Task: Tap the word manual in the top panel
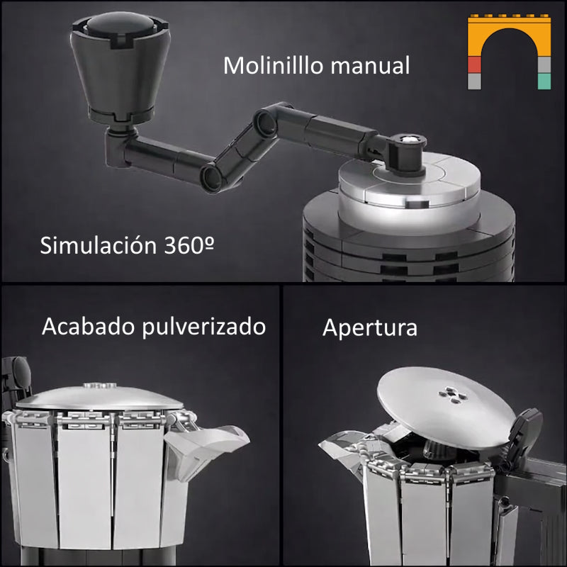(x=370, y=66)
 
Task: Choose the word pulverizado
(x=203, y=327)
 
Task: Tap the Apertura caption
(x=369, y=328)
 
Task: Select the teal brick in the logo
(x=544, y=81)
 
